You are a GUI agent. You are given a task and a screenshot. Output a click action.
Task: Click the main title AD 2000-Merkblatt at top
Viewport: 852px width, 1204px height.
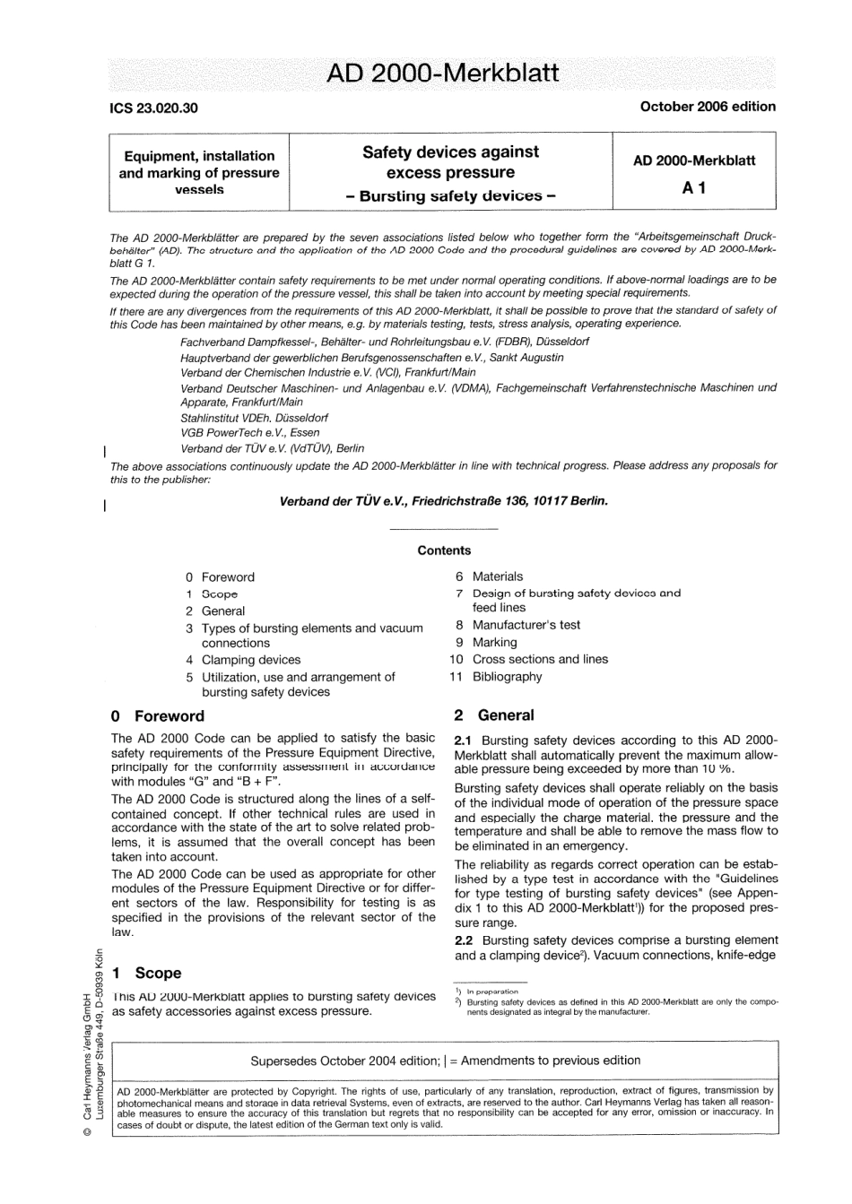tap(443, 73)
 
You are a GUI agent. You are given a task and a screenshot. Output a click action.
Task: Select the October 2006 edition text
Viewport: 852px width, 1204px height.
tap(708, 106)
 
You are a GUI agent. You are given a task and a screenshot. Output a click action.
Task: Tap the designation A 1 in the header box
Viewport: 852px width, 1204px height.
tap(694, 187)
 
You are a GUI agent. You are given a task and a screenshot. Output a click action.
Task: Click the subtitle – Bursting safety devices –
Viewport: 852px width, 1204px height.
tap(450, 195)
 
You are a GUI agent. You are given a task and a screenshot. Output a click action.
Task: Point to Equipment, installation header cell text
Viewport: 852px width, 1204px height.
tap(199, 155)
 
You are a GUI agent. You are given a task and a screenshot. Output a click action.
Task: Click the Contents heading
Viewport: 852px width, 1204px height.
tap(444, 550)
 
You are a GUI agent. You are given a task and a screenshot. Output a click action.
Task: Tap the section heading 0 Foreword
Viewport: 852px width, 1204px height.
tap(158, 715)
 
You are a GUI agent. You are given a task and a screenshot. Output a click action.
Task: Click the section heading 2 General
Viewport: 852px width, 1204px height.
tap(494, 715)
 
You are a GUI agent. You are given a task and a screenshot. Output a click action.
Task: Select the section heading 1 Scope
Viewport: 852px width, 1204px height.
tap(146, 973)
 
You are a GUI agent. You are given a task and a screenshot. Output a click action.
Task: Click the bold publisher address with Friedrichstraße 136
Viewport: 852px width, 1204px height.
tap(444, 501)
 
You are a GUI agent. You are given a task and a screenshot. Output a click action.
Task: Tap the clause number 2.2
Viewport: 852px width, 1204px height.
tap(465, 940)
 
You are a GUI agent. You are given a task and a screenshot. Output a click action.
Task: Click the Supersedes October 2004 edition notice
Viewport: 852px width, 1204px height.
tap(445, 1060)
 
